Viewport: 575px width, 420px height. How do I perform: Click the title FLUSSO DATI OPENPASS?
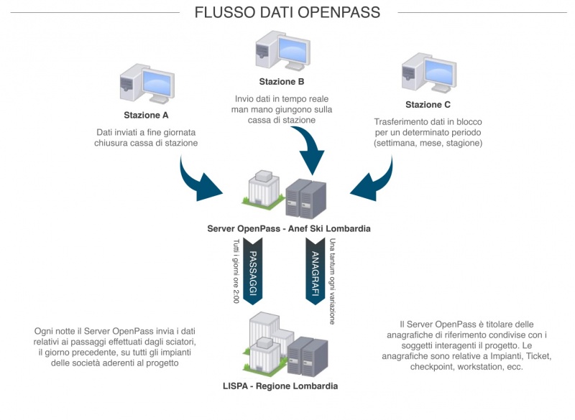287,12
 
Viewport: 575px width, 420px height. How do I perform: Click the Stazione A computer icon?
147,84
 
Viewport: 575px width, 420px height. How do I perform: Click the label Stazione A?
146,115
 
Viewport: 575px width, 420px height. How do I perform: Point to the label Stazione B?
287,81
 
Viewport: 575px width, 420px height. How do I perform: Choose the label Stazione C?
428,105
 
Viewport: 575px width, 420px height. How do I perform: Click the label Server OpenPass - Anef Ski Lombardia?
287,228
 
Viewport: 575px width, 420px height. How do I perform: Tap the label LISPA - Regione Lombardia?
280,386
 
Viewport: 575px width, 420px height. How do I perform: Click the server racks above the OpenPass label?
306,194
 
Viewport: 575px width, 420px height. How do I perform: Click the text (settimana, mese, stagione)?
428,143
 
